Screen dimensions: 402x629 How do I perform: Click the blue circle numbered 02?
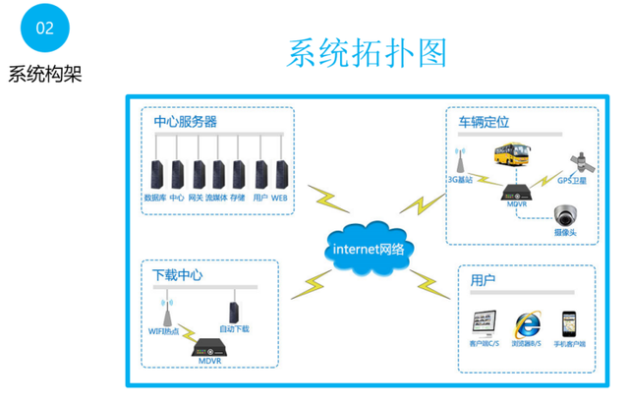44,28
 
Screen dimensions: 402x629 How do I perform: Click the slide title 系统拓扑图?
367,53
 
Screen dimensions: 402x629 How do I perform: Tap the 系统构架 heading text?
44,76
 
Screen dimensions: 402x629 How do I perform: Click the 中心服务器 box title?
186,122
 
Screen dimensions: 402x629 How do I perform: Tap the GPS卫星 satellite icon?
572,162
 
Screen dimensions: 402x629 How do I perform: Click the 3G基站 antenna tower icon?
459,160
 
